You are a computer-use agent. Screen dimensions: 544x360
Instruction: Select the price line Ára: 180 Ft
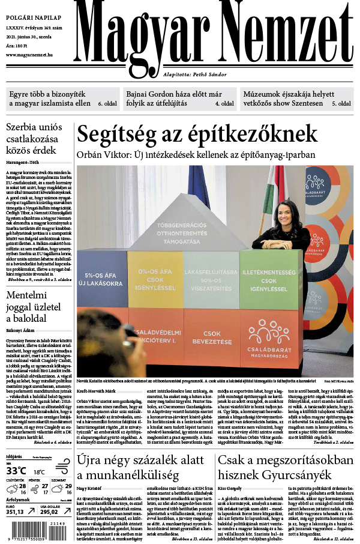(19, 46)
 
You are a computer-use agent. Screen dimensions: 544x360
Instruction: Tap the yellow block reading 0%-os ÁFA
(154, 282)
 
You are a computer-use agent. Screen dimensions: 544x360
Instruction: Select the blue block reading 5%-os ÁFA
(103, 282)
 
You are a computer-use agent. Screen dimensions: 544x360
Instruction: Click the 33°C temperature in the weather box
(16, 470)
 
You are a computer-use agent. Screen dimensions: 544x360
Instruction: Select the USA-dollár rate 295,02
(50, 512)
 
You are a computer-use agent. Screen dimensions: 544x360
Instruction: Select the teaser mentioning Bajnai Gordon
(172, 99)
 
